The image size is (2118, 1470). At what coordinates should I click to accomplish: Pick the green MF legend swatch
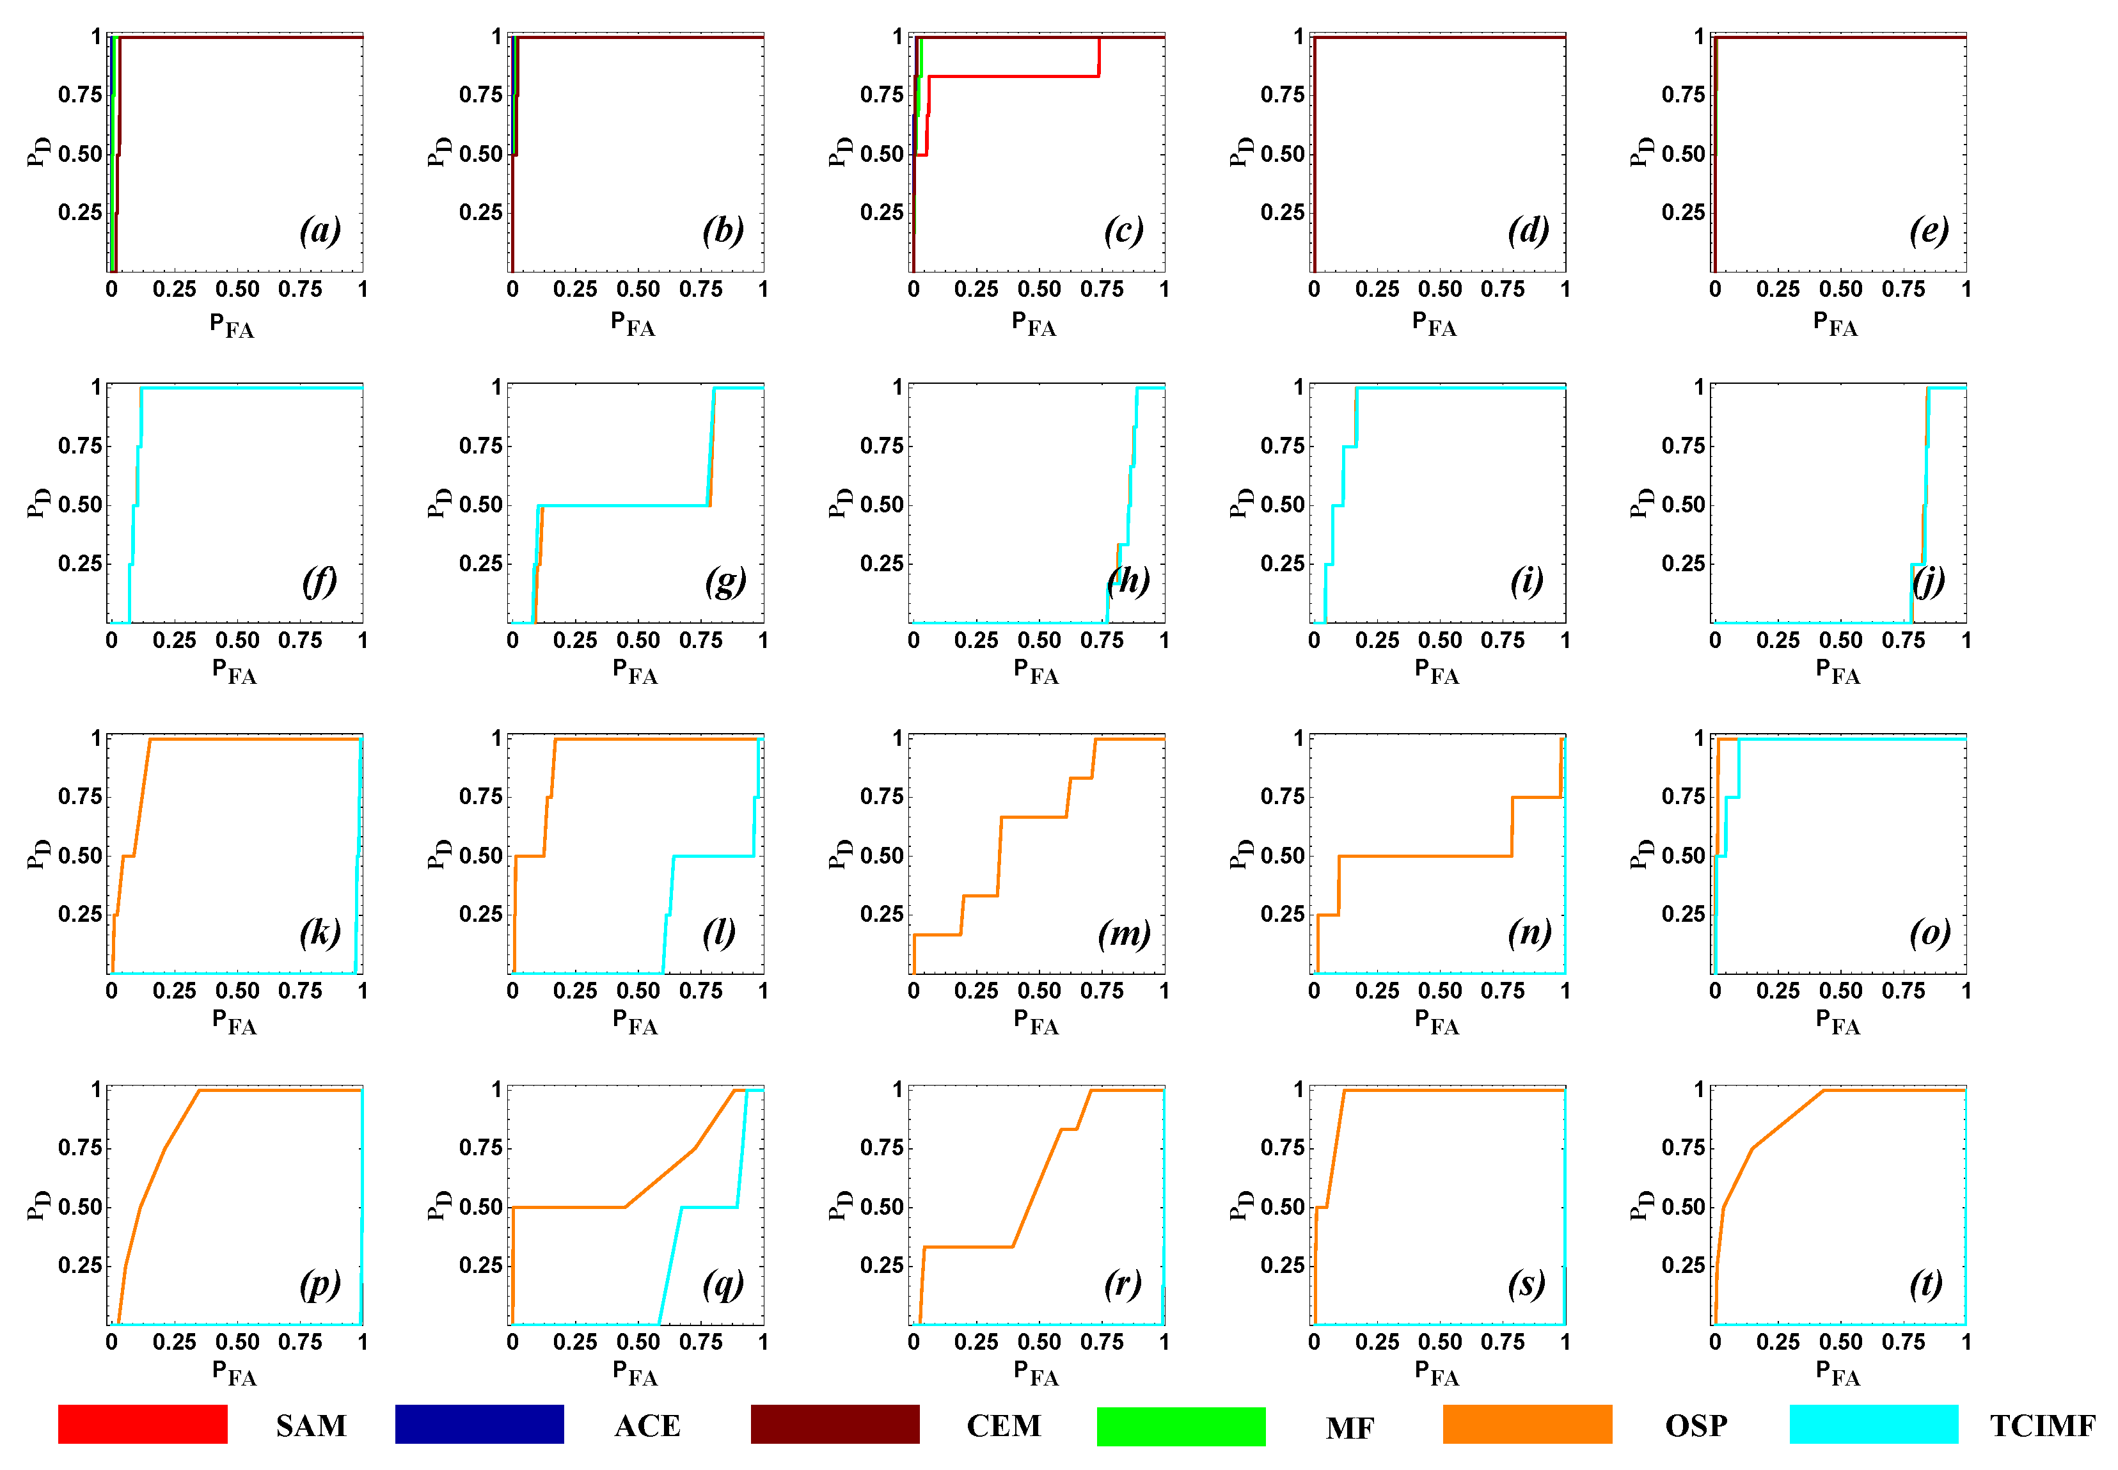pos(1181,1426)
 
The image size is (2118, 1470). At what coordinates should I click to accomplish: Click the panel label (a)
pos(320,230)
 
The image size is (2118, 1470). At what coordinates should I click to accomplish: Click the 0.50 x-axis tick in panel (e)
pos(1840,289)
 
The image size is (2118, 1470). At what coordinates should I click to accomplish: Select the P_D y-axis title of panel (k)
pos(38,854)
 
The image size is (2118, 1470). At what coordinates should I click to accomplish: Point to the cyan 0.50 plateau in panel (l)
pos(714,856)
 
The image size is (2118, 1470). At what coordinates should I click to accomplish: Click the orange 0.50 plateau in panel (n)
pos(1423,856)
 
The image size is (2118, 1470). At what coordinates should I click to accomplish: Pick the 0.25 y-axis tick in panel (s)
pos(1282,1265)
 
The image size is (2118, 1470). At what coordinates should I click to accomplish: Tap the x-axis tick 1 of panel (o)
pos(1965,990)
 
